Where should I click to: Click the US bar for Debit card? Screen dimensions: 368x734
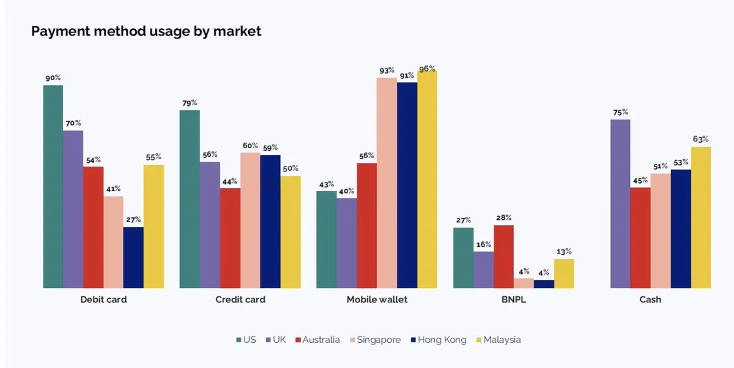tap(53, 186)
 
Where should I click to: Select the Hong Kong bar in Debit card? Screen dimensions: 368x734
tap(133, 257)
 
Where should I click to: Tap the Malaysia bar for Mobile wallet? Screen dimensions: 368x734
tap(427, 179)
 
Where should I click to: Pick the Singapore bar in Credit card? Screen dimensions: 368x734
tap(250, 220)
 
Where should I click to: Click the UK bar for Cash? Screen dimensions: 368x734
tap(620, 203)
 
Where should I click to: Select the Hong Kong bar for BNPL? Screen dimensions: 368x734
tap(544, 284)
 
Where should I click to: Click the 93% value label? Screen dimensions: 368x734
tap(387, 71)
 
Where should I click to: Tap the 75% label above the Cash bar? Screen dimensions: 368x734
tap(620, 112)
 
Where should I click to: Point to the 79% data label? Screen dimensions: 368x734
tap(190, 103)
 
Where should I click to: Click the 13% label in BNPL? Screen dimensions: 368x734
tap(564, 251)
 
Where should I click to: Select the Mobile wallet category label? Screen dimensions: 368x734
tap(377, 300)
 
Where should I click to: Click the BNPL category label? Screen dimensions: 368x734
tap(513, 300)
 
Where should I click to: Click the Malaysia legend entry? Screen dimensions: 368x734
tap(497, 340)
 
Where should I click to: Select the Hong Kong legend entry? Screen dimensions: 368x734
tap(437, 340)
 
